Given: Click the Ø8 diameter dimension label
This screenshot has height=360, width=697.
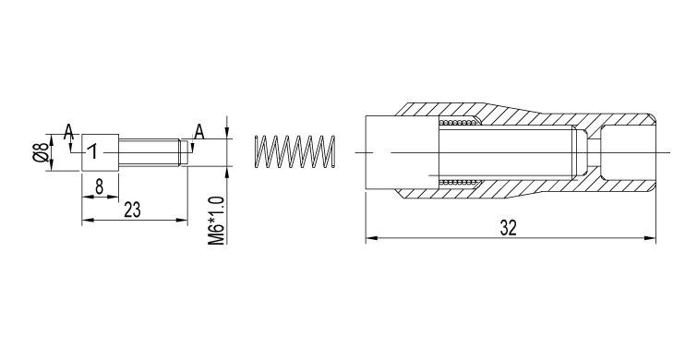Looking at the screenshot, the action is click(x=40, y=152).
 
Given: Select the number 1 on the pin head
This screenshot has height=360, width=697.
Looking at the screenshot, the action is click(x=92, y=151).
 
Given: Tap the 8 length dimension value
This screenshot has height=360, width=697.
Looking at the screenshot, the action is click(x=99, y=187).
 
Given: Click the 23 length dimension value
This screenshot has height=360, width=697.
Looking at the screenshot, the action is click(x=132, y=210).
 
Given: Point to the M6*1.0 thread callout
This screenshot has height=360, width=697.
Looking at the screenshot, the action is click(x=216, y=222).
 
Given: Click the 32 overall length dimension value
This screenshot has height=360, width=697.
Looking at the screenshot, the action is click(x=509, y=228).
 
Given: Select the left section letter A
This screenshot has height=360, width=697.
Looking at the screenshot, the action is click(x=68, y=132).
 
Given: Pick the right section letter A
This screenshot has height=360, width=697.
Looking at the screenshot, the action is click(x=199, y=132).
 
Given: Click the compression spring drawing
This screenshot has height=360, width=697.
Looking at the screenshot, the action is click(x=294, y=151).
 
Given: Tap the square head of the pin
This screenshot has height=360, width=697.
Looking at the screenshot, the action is click(x=101, y=152).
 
